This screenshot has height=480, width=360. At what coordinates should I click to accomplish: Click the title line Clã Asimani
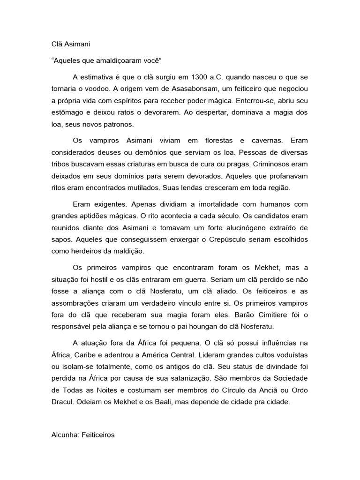(70, 45)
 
